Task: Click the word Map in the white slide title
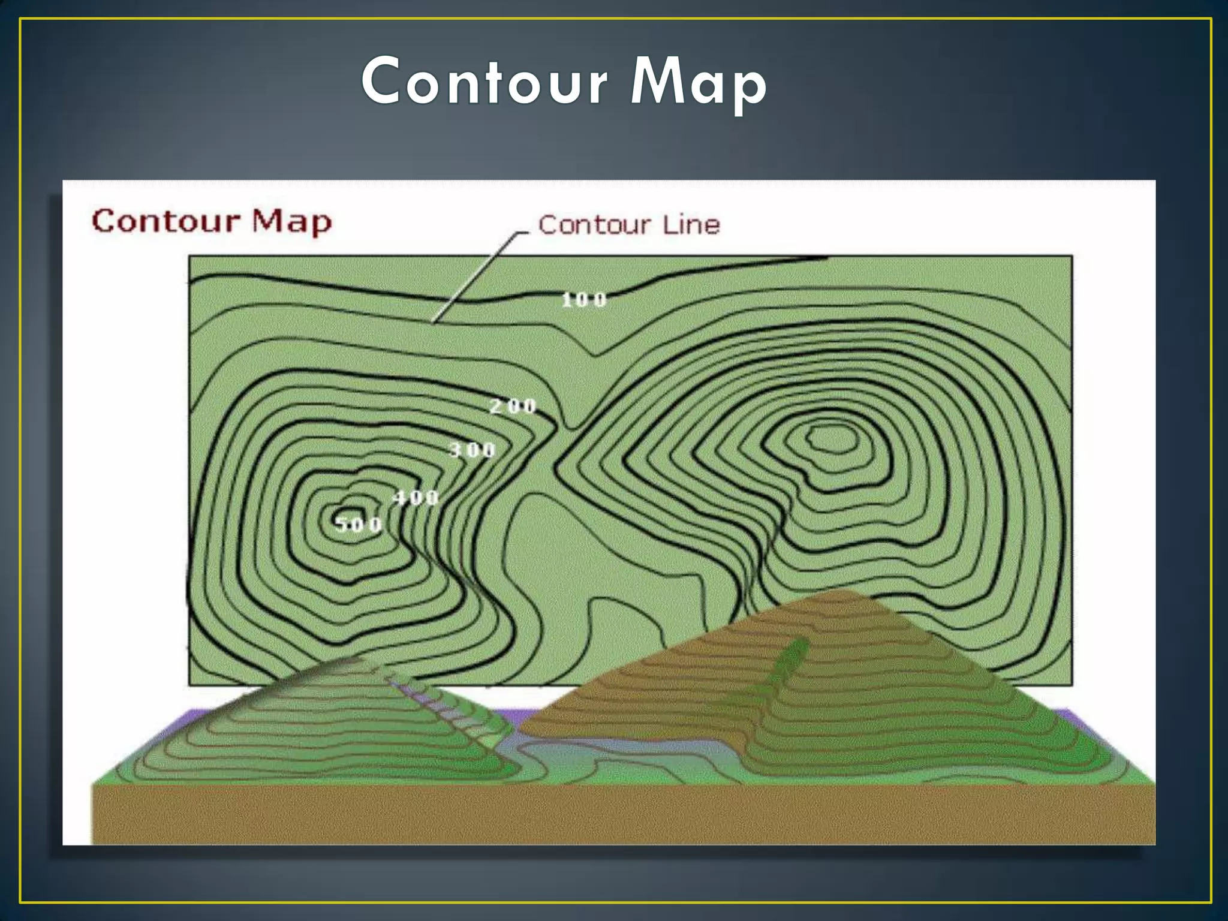click(x=699, y=83)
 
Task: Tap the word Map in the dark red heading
click(x=291, y=221)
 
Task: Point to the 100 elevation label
click(x=584, y=300)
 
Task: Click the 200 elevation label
click(x=513, y=407)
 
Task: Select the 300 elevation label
click(x=472, y=450)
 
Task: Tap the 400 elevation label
click(x=416, y=497)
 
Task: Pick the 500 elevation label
click(x=358, y=525)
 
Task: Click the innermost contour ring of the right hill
click(x=831, y=438)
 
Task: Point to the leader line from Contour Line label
click(x=474, y=276)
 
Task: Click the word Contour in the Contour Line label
click(x=594, y=225)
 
